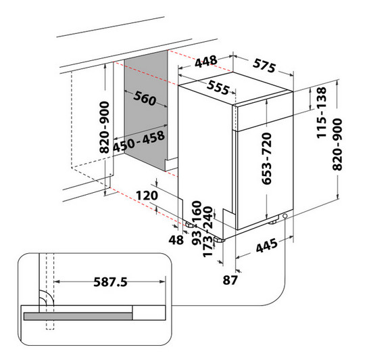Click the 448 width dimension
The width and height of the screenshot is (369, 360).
click(x=206, y=62)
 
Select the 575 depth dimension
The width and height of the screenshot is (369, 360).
click(x=264, y=66)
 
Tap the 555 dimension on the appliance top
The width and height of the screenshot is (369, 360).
click(x=218, y=87)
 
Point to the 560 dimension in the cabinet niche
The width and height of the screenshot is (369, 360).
click(x=145, y=98)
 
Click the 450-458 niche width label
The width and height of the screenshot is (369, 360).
click(x=139, y=141)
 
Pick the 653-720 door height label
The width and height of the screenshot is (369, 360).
click(x=267, y=158)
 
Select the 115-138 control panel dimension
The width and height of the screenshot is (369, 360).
click(x=322, y=112)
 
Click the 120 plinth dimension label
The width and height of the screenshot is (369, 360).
click(x=147, y=196)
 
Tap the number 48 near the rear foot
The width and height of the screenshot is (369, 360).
click(x=176, y=240)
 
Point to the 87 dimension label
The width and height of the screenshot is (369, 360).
click(x=230, y=280)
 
